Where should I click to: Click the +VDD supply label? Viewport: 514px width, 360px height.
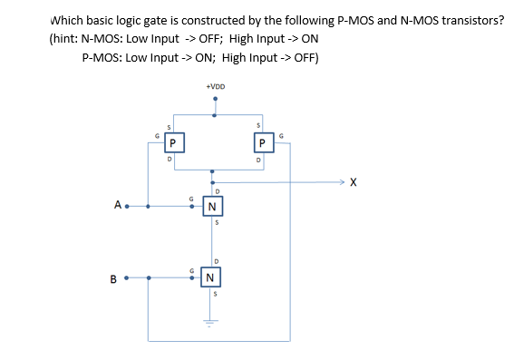pos(215,87)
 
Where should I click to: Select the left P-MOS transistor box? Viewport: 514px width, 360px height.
pos(171,142)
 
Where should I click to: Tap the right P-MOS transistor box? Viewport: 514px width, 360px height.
pos(261,142)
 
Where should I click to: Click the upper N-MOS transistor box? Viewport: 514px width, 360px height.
pos(211,207)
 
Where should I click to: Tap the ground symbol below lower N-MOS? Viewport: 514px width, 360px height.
pos(214,321)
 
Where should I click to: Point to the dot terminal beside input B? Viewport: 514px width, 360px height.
pos(127,277)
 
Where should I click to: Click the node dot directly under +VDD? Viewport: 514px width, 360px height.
pos(215,114)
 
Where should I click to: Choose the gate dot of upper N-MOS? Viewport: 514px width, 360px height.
pos(192,206)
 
